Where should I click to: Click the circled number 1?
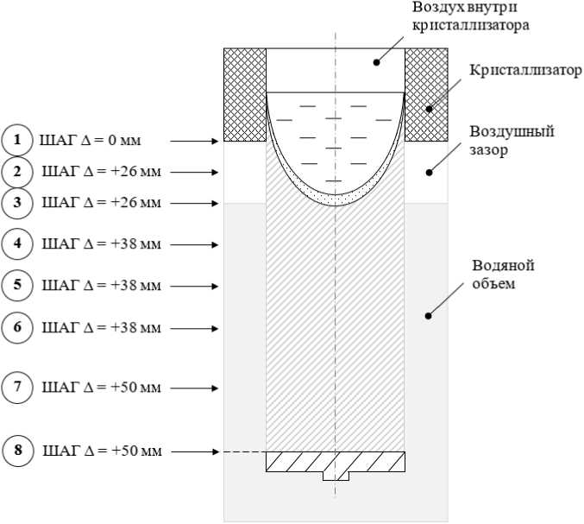click(16, 139)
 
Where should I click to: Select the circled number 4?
click(16, 243)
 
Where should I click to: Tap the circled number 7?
click(16, 387)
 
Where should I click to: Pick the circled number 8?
click(16, 450)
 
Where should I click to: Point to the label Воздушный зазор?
click(511, 141)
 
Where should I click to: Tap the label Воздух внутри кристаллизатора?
click(469, 16)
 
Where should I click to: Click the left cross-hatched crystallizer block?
click(245, 94)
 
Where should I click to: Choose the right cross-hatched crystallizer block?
click(426, 94)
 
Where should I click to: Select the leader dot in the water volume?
click(429, 316)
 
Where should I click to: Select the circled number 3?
click(16, 202)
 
